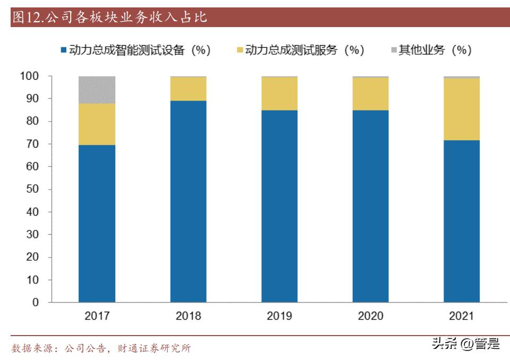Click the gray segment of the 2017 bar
(x=97, y=89)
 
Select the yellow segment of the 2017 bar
(x=97, y=124)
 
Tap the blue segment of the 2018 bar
(x=188, y=202)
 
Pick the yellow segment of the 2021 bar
(x=462, y=109)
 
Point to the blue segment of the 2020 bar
(x=370, y=207)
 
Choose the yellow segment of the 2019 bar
(x=279, y=93)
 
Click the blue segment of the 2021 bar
(x=462, y=221)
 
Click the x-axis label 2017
(x=97, y=316)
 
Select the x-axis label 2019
(x=279, y=316)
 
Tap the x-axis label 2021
(x=462, y=316)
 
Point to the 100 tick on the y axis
(x=29, y=76)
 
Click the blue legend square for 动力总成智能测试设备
(x=64, y=50)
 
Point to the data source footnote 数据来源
(x=101, y=348)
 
